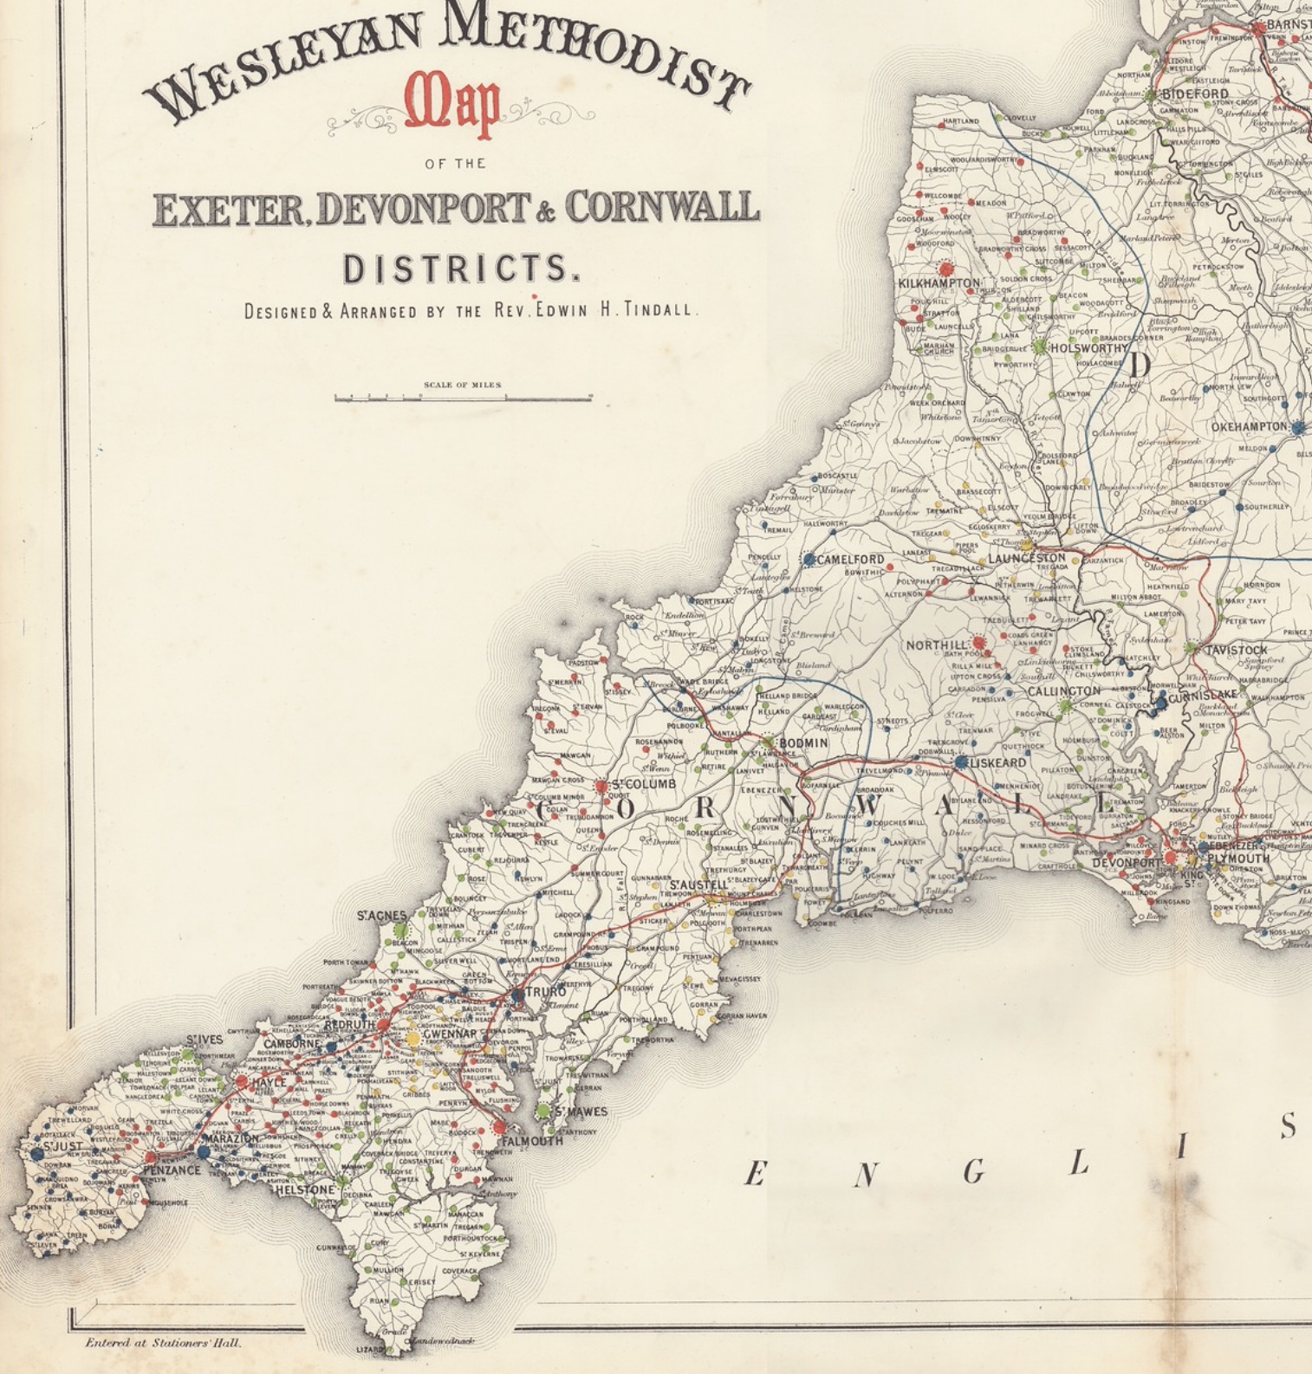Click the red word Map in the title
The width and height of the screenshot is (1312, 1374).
pos(453,108)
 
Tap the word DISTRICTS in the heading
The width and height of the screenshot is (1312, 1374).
pos(460,269)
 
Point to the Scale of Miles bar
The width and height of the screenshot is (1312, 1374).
pos(463,398)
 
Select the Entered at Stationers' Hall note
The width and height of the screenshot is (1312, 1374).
pos(163,1343)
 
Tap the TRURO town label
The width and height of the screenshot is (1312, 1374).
pos(544,992)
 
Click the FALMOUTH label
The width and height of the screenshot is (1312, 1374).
pos(532,1141)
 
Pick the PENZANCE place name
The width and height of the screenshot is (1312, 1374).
pos(172,1170)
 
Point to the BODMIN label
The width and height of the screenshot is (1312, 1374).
pos(803,743)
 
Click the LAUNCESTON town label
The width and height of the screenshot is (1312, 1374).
pos(1027,559)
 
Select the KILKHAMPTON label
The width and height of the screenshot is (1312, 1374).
pos(939,283)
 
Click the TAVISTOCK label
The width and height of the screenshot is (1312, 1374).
pos(1237,650)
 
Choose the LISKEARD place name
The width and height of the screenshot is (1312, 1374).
pos(997,763)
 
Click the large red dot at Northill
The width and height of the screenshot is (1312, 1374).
pos(979,643)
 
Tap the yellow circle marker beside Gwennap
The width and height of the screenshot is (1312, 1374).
pos(412,1038)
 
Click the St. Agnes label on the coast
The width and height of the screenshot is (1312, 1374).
pos(381,916)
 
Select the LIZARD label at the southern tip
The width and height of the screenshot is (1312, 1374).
pos(368,1350)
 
